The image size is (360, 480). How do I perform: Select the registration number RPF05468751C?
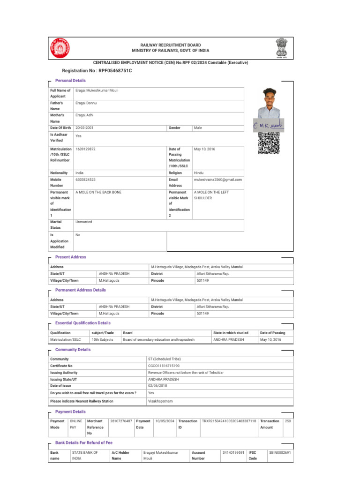click(x=97, y=70)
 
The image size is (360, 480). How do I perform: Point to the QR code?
click(x=269, y=143)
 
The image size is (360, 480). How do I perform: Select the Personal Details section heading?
click(x=70, y=81)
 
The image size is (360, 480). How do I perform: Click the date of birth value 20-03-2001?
click(x=84, y=128)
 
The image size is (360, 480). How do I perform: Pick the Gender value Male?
click(x=198, y=128)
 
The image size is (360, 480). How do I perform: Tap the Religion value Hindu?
click(x=199, y=172)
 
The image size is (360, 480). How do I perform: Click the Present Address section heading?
click(x=71, y=257)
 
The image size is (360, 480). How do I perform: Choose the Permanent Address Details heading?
click(x=81, y=290)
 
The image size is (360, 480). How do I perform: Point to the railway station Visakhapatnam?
click(x=160, y=401)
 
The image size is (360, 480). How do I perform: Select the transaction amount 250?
click(x=288, y=421)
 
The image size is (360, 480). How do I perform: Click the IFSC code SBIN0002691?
click(x=280, y=452)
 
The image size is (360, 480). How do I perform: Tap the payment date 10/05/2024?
click(x=165, y=421)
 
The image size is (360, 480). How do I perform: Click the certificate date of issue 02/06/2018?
click(x=157, y=385)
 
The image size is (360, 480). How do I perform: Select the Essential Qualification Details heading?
click(x=83, y=323)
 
